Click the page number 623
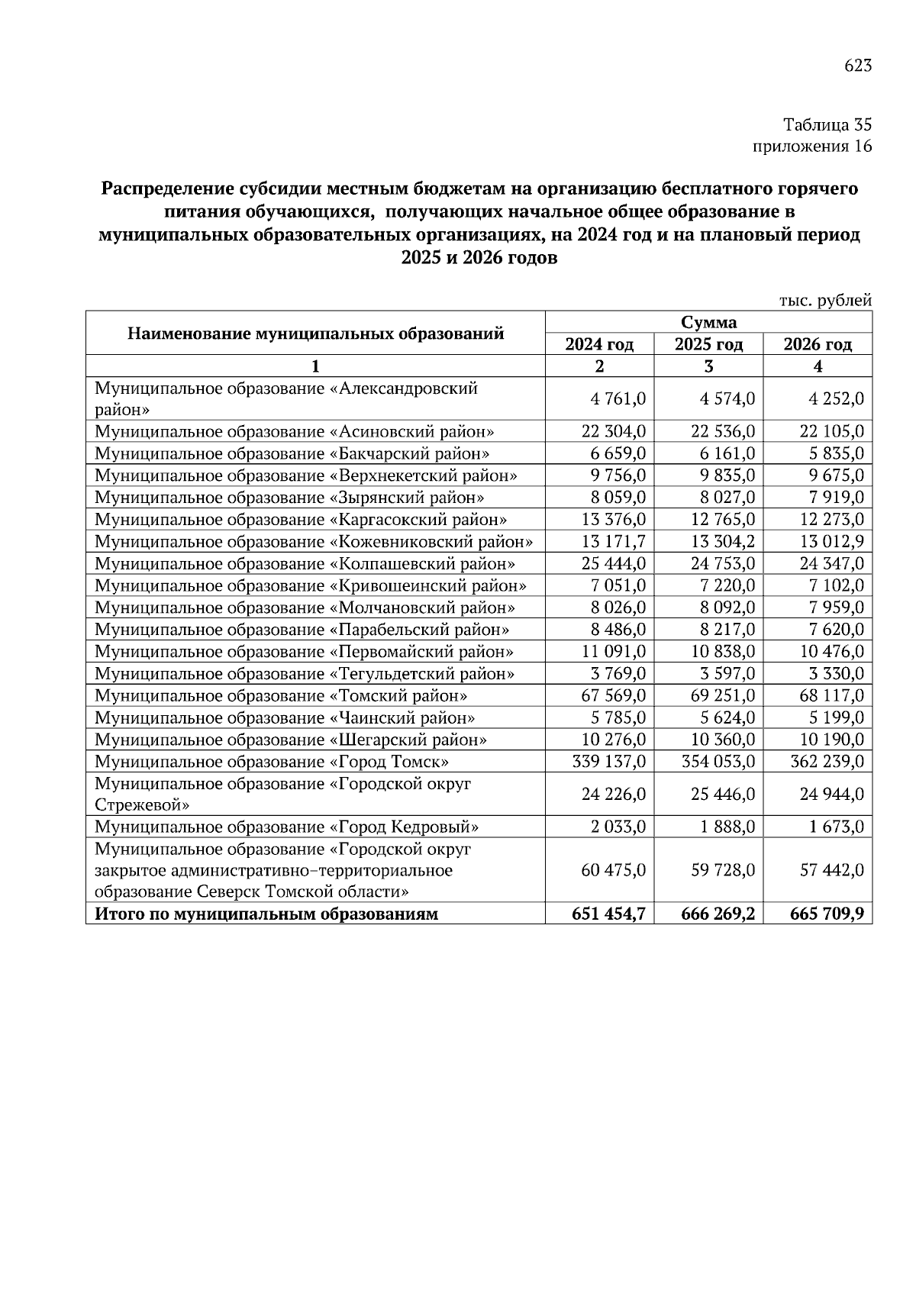click(857, 66)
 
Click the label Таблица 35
click(827, 124)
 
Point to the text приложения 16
click(812, 147)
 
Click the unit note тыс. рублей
click(824, 301)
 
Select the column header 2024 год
click(599, 344)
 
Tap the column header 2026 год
click(818, 344)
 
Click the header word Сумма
click(708, 322)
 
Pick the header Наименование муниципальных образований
click(315, 333)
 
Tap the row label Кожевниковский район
click(314, 542)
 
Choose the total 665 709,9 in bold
click(827, 914)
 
